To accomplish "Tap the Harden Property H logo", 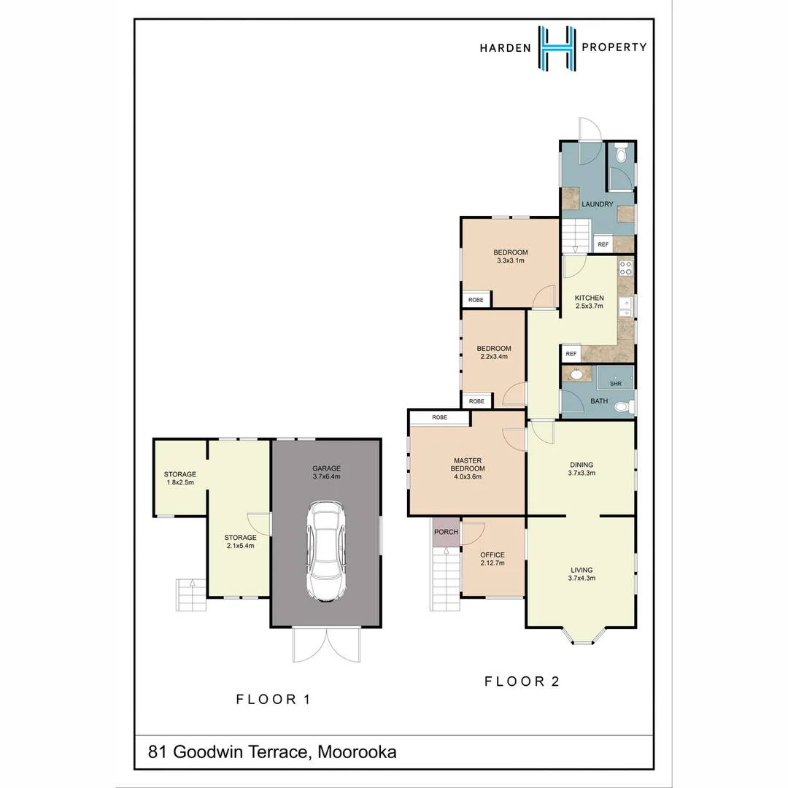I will [557, 48].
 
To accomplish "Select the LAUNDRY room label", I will [597, 204].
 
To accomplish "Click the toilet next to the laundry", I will [621, 155].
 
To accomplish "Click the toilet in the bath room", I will [622, 407].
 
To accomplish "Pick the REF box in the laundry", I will [603, 244].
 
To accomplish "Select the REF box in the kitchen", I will [571, 354].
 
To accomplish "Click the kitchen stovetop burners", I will [625, 268].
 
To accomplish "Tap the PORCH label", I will [446, 532].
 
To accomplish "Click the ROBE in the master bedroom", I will [439, 418].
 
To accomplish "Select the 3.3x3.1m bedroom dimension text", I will [511, 260].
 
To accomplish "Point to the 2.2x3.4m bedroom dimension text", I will [493, 357].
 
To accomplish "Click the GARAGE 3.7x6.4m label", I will [326, 472].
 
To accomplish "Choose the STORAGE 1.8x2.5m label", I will [179, 478].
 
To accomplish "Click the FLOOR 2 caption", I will [522, 681].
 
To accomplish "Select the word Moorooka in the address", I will [357, 752].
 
